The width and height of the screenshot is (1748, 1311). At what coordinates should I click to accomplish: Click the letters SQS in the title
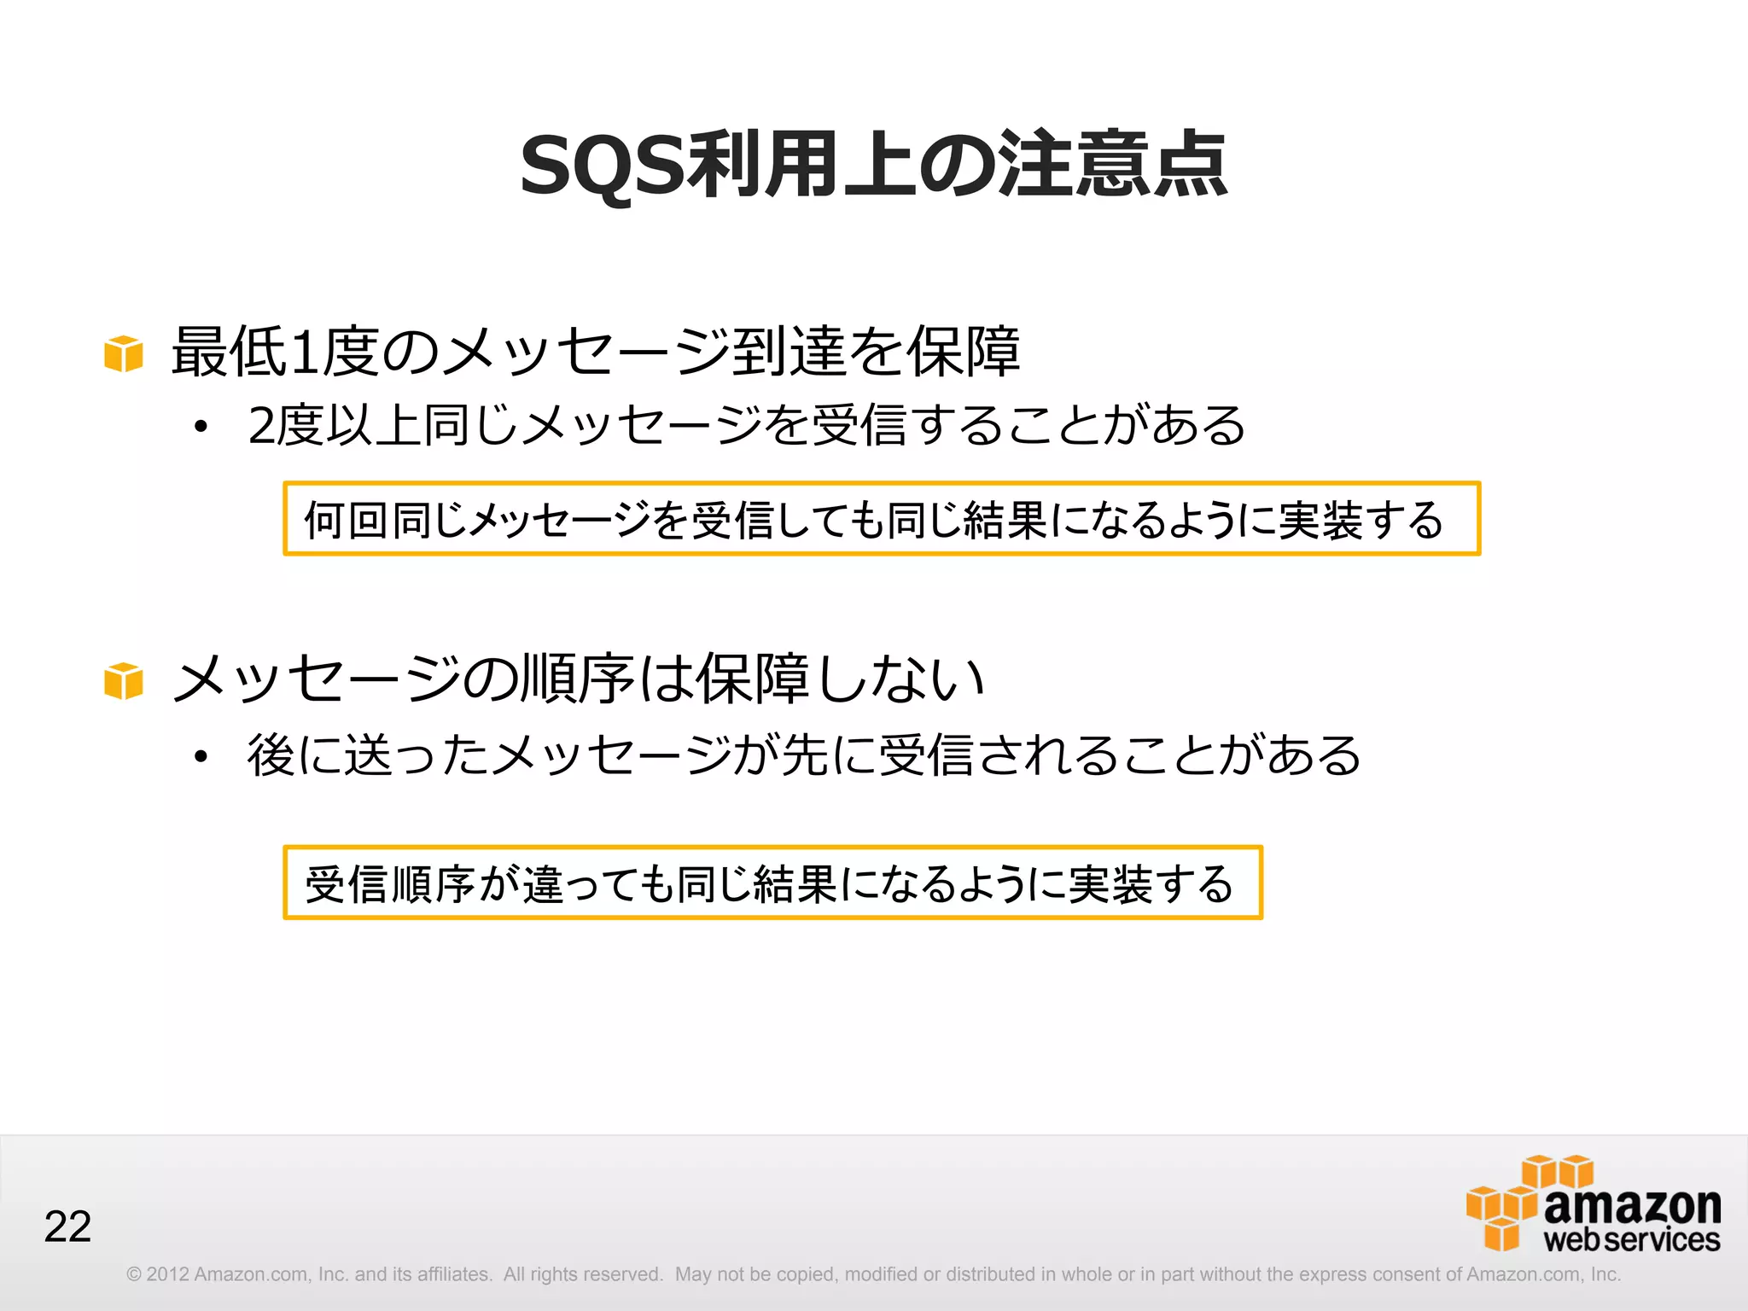point(603,166)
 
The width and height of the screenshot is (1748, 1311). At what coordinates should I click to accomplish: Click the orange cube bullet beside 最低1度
point(124,353)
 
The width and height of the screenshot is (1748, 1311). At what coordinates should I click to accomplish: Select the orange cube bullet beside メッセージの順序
point(124,681)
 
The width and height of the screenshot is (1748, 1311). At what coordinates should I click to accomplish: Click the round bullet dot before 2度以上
point(201,427)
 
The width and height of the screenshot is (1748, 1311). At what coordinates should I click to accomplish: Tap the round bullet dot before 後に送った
point(201,756)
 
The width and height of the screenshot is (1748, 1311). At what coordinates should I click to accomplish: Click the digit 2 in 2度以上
point(261,426)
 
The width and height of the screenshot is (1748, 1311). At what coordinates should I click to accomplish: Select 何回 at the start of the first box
point(347,520)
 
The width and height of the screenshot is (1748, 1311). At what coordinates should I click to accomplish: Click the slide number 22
point(67,1227)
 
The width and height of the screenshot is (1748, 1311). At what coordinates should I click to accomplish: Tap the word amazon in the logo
point(1632,1205)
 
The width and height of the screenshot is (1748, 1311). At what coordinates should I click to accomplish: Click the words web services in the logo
point(1631,1240)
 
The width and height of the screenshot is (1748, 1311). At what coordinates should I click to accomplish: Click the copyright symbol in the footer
point(134,1274)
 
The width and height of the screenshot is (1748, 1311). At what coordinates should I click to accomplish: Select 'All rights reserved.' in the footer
point(583,1274)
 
